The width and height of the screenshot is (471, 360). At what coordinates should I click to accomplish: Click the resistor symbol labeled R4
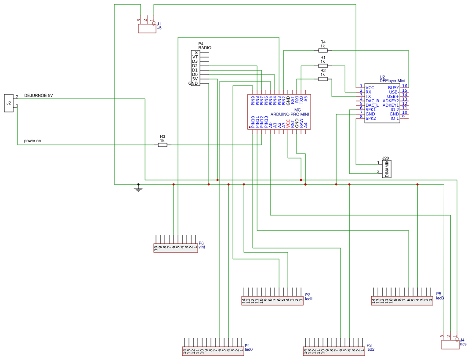323,50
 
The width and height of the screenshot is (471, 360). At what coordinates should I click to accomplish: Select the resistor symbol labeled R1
323,66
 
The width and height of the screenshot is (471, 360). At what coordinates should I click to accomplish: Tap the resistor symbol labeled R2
323,79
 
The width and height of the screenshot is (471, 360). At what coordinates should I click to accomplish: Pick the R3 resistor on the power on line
163,145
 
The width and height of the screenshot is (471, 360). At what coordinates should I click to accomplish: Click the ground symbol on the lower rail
138,189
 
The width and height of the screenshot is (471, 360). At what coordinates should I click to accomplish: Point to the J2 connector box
9,103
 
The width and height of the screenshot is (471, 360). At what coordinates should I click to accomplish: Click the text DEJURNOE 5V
38,95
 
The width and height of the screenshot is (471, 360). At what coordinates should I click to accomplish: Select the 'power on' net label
33,141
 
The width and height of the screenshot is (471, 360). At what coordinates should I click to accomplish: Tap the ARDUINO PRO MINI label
290,114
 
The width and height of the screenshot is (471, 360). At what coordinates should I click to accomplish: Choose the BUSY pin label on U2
393,88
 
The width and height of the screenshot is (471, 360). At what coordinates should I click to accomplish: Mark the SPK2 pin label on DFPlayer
371,119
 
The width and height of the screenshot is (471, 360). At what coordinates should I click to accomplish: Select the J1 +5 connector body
147,29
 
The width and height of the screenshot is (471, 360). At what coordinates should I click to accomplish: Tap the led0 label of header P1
248,349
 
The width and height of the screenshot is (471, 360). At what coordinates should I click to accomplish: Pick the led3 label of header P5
440,298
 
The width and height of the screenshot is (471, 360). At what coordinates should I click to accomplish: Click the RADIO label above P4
205,47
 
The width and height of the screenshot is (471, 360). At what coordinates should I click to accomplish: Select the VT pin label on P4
195,57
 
